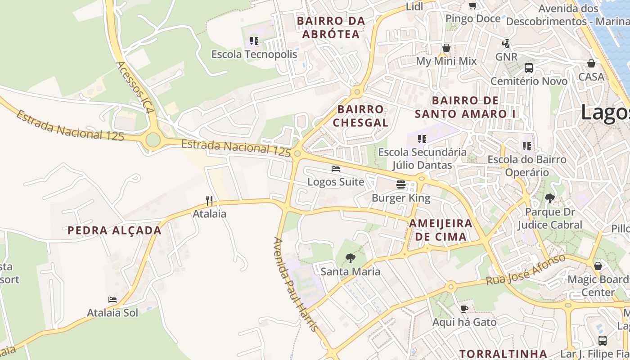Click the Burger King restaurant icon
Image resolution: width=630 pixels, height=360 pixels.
click(400, 184)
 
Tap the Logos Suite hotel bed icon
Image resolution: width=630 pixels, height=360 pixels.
click(335, 169)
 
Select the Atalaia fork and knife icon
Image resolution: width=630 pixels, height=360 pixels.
click(209, 200)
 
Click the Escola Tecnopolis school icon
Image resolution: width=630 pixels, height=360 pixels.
click(254, 41)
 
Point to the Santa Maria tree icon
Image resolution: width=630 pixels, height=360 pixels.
click(350, 258)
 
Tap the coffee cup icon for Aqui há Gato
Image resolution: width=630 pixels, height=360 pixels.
click(464, 309)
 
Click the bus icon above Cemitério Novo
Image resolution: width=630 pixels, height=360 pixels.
click(529, 68)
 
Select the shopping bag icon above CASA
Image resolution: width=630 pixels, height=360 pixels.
click(591, 63)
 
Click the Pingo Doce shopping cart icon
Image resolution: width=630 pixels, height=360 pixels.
click(472, 5)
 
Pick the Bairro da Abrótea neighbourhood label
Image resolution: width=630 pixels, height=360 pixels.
click(331, 27)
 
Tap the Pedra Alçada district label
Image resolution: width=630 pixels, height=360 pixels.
click(114, 230)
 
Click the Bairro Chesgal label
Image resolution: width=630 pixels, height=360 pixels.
click(360, 116)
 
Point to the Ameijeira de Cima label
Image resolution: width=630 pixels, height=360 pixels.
click(441, 230)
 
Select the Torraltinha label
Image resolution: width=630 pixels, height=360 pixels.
click(503, 354)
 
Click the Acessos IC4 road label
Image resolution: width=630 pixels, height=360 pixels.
click(135, 87)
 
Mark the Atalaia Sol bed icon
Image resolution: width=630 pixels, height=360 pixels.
click(112, 300)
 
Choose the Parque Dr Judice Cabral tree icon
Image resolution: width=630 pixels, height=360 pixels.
click(549, 198)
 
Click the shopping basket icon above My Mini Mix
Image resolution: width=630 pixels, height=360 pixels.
click(446, 48)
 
